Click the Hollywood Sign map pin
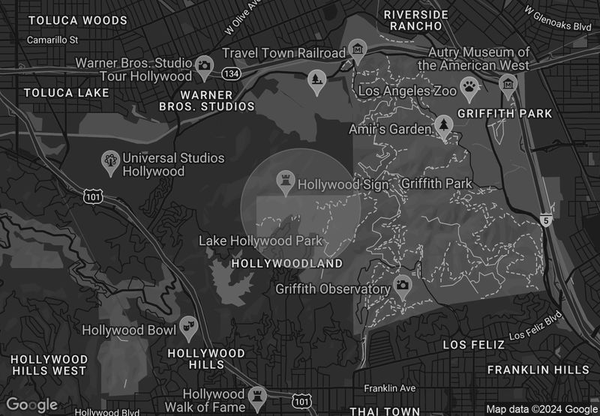point(285,181)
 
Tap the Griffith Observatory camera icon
point(403,286)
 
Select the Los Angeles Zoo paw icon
point(470,88)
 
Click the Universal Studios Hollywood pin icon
point(110,161)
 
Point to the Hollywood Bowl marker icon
point(187,327)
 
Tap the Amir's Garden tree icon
point(444,126)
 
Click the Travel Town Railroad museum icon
point(358,51)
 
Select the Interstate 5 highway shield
point(547,219)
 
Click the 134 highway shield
point(232,73)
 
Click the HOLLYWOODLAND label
point(286,264)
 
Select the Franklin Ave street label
point(389,388)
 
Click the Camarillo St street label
point(52,40)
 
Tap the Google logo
point(32,405)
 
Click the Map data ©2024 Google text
point(541,409)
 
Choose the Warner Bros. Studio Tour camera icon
point(203,66)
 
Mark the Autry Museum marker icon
point(508,82)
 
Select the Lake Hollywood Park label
point(260,241)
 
